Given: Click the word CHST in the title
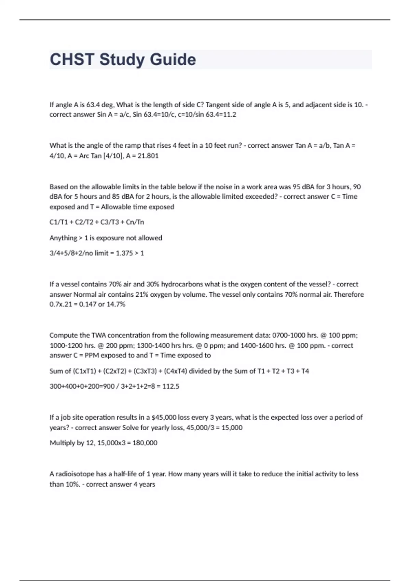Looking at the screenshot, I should coord(72,59).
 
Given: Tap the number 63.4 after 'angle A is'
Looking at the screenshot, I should coord(93,105).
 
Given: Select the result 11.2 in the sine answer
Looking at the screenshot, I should coord(230,114).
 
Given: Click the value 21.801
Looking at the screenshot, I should coord(148,156).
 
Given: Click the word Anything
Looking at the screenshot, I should coord(63,238).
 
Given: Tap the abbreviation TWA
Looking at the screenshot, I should coord(99,335).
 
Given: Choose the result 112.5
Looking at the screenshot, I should coord(171,387).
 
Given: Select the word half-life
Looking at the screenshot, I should coord(126,474).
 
